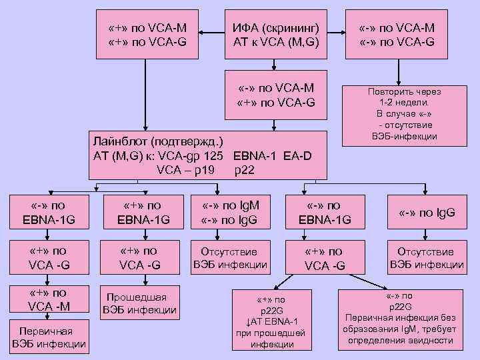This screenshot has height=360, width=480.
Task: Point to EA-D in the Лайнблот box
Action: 297,155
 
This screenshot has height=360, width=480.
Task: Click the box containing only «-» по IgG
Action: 427,213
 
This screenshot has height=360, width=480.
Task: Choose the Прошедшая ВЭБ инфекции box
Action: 139,303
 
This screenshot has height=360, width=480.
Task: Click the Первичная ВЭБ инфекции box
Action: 48,337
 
